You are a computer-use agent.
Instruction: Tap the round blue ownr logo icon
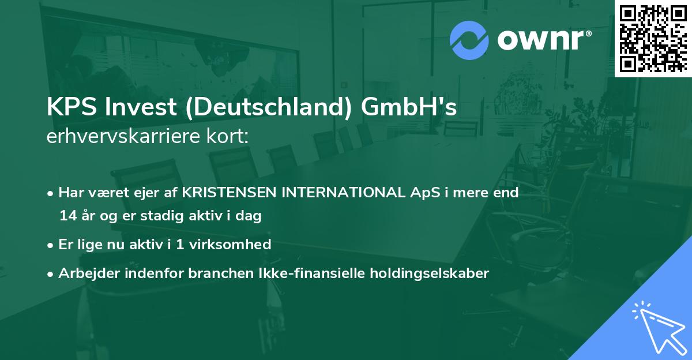click(x=469, y=40)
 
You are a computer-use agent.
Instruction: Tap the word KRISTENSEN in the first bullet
click(x=229, y=193)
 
